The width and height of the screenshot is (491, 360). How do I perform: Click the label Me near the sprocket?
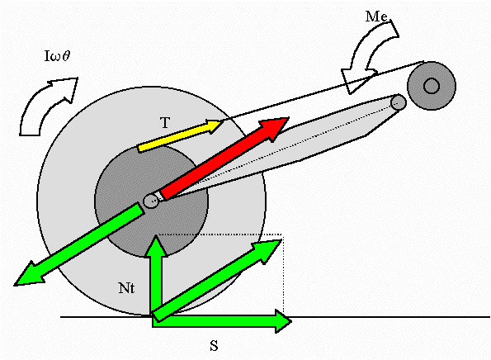376,17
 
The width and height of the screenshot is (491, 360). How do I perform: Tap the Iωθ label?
57,56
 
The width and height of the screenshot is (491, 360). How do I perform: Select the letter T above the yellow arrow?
165,123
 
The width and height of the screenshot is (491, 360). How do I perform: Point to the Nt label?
126,288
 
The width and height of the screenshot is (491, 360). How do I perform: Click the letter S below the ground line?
214,346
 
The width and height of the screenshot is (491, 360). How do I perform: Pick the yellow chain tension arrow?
181,135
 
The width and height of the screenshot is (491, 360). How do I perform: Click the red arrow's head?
274,128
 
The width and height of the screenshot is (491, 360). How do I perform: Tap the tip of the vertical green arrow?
156,235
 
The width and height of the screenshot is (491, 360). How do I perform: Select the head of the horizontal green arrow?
283,321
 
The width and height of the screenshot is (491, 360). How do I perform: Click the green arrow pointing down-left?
78,244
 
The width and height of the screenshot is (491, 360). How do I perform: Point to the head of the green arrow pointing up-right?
267,250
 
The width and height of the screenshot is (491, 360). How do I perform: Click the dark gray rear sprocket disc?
125,175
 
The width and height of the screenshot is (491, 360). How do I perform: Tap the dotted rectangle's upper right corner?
283,234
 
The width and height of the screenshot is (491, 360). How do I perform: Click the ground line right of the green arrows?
391,317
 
